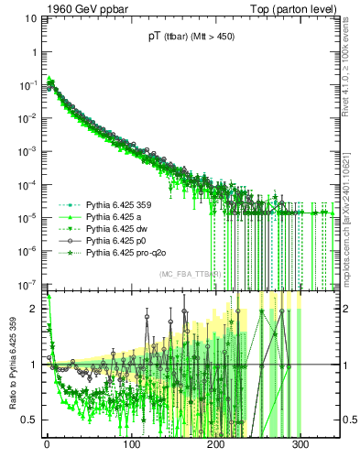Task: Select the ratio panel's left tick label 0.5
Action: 31,420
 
